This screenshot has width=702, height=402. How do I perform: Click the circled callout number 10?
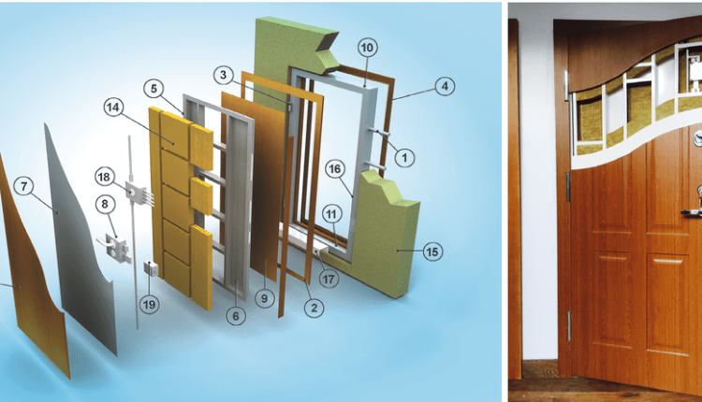(x=367, y=48)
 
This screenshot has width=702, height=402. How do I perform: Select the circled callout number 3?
(x=224, y=75)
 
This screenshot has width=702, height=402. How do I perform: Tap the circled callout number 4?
(x=445, y=87)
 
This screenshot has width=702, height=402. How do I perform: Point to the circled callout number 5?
(x=154, y=89)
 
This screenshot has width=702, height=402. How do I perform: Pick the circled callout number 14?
(x=113, y=108)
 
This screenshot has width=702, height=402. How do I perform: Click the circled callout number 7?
(x=23, y=186)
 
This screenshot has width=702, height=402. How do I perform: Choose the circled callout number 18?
(x=104, y=177)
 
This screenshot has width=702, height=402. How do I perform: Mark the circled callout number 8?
(x=105, y=205)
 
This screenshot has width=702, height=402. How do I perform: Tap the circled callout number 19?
(x=149, y=305)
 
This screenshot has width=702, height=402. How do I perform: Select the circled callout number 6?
(x=236, y=316)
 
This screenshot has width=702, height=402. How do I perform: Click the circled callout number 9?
(x=265, y=298)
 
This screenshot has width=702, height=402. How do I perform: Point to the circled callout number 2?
(x=314, y=309)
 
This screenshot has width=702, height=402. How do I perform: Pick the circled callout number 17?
(x=329, y=279)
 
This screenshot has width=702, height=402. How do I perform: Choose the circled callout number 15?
(x=432, y=251)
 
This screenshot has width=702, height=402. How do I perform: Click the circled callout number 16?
(x=335, y=169)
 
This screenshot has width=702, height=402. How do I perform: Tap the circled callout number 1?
(x=404, y=158)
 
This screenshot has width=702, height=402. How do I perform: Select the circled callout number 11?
(x=331, y=214)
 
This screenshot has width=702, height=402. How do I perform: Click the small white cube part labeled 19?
(x=151, y=268)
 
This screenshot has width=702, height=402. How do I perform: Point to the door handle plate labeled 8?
(x=115, y=247)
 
